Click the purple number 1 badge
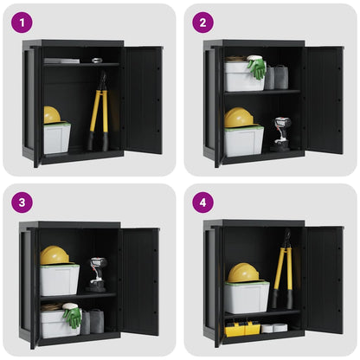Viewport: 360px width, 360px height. pos(22,22)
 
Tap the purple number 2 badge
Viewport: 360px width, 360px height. pos(202,22)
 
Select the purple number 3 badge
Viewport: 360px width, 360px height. pos(22,202)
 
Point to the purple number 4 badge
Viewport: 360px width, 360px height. pos(202,202)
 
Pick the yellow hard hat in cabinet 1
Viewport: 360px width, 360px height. pos(53,115)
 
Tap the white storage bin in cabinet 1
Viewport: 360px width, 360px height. pos(57,138)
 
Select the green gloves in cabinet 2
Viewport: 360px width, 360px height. pos(257,68)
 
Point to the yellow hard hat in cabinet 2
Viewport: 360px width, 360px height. pos(238,119)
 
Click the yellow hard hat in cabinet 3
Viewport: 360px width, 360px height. pos(54,255)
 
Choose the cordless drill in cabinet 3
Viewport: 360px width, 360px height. pos(97,273)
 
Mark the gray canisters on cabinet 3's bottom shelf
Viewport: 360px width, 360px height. pos(92,322)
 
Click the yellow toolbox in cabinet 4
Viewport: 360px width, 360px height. pos(241,328)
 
